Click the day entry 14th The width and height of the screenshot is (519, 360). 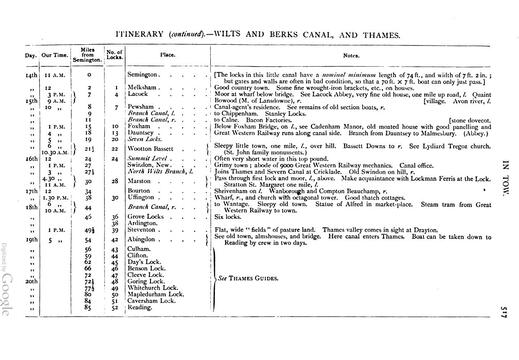pyautogui.click(x=31, y=75)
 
